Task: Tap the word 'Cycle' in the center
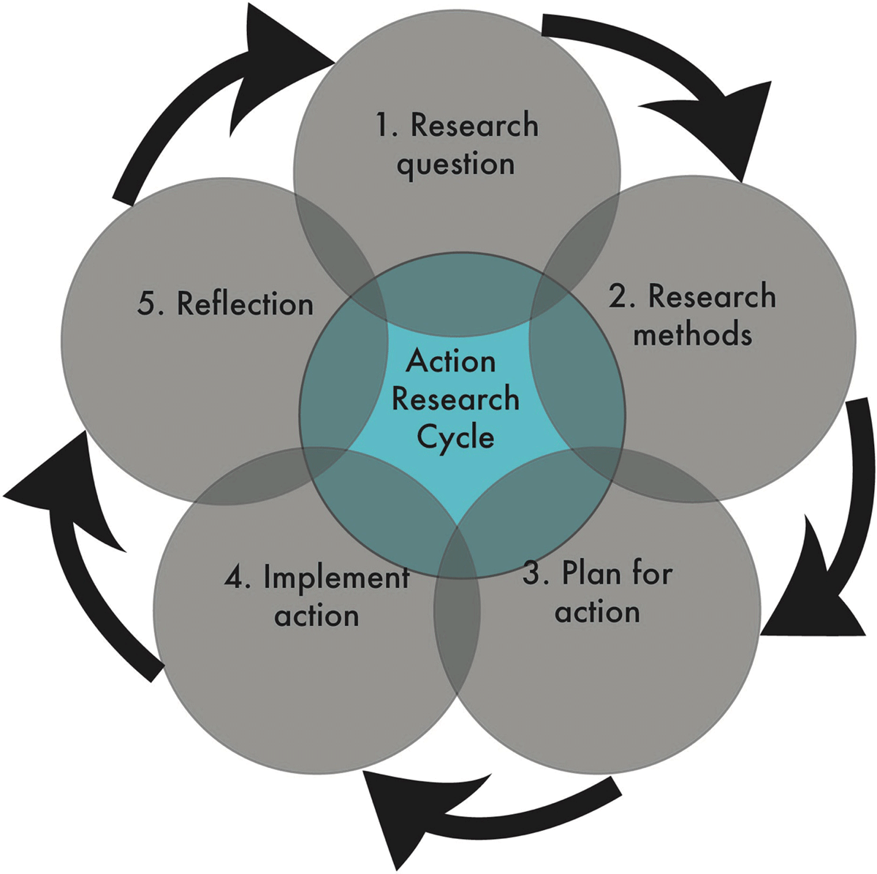pos(455,438)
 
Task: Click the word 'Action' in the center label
pos(451,361)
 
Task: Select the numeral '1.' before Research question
pos(387,124)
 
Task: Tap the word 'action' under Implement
pos(316,616)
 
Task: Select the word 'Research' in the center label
pos(455,399)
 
